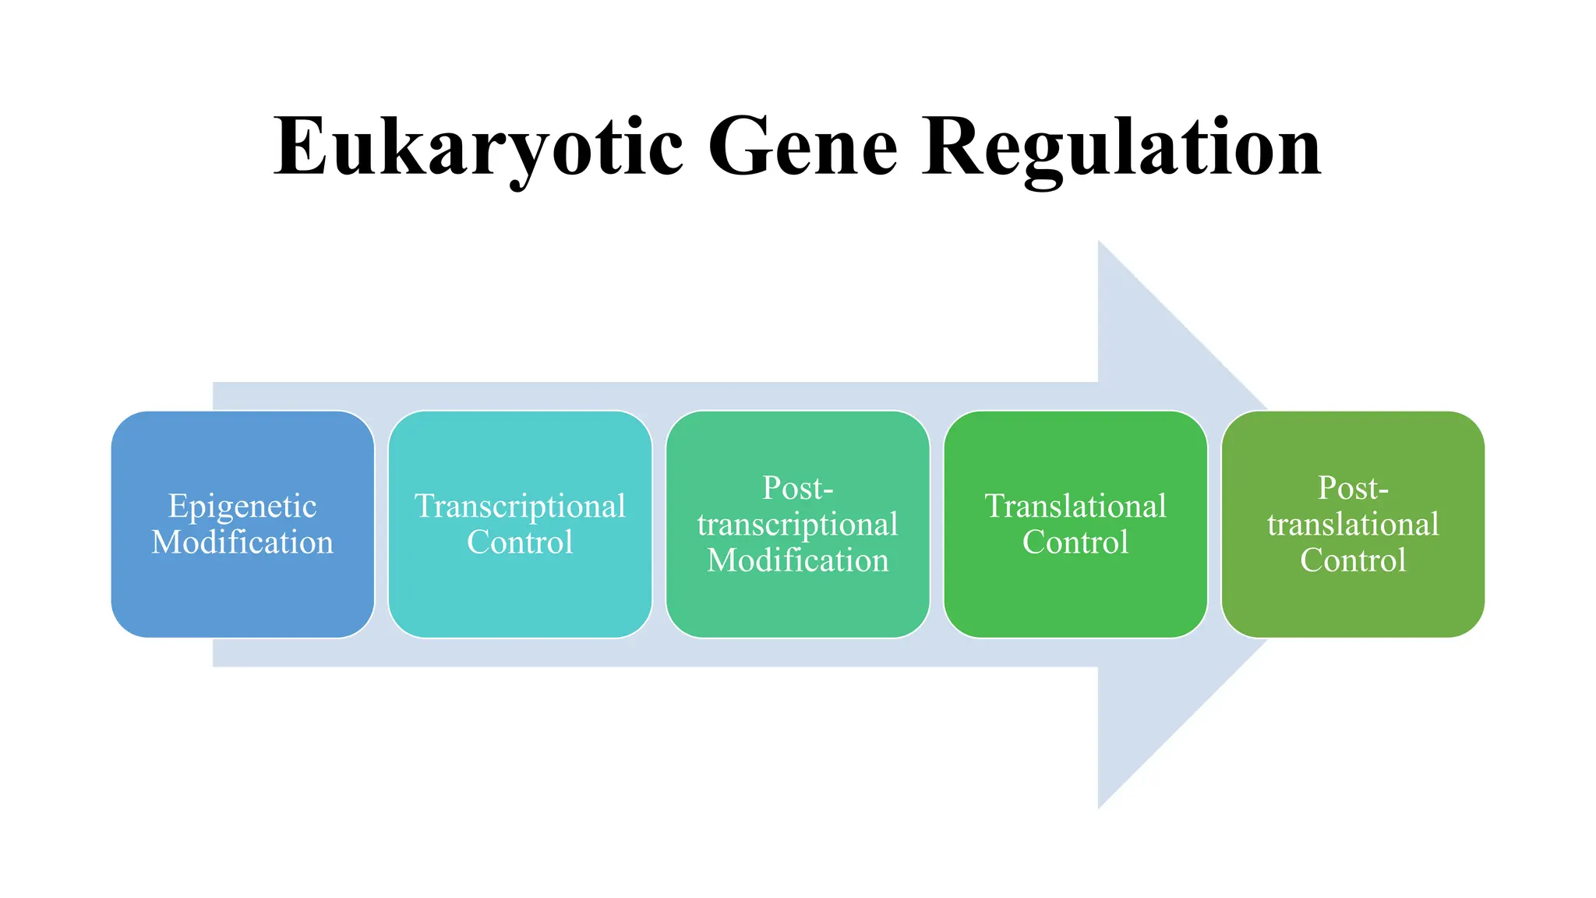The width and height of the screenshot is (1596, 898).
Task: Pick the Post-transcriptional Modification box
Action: click(x=797, y=608)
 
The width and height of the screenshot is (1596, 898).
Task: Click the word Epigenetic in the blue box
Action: click(x=242, y=507)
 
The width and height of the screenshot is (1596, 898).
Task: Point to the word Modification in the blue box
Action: click(x=242, y=543)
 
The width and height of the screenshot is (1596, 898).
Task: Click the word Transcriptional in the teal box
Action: click(x=520, y=507)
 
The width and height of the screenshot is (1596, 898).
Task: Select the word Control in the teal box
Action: click(x=520, y=543)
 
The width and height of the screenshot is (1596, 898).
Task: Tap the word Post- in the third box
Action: click(x=797, y=489)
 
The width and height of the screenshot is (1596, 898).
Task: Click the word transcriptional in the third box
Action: click(x=797, y=525)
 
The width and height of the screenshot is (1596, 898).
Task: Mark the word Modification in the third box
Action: click(x=797, y=560)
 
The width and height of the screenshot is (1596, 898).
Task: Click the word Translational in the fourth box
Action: click(x=1075, y=507)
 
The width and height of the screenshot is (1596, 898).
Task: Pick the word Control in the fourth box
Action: click(x=1075, y=543)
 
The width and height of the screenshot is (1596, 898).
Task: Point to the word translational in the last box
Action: click(x=1353, y=525)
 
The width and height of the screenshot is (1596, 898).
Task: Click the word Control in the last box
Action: click(x=1353, y=560)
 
